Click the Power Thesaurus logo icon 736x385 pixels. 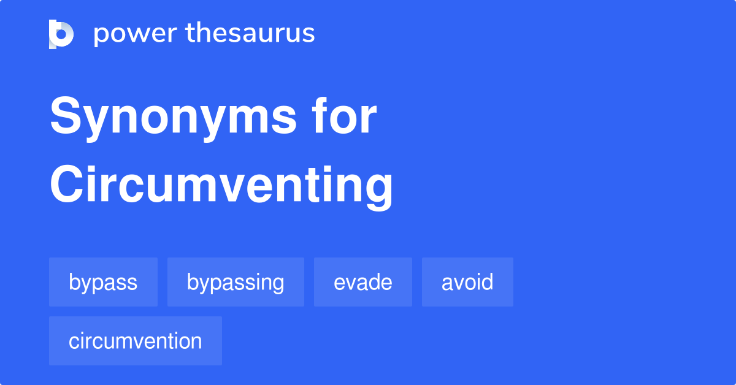[61, 34]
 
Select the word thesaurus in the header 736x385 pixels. [250, 34]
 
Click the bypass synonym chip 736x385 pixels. [103, 282]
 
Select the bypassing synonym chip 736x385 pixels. [236, 282]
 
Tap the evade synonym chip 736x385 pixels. [363, 282]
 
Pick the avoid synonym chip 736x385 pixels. [467, 282]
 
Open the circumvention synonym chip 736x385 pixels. [136, 341]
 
